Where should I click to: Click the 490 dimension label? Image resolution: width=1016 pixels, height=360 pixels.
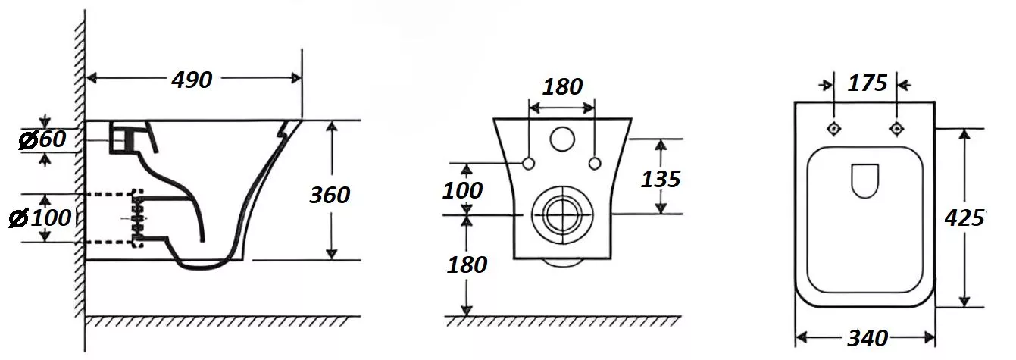click(x=192, y=80)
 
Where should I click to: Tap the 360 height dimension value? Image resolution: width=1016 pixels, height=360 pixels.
click(x=330, y=196)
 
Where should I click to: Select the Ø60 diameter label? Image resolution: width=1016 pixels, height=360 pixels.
click(x=42, y=139)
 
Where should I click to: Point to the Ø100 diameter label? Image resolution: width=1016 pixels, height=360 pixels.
click(x=40, y=218)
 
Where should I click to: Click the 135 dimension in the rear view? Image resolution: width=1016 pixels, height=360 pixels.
click(x=661, y=179)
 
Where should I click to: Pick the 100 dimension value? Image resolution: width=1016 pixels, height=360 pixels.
click(x=462, y=191)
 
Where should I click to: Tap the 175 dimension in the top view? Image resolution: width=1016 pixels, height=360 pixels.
click(x=868, y=83)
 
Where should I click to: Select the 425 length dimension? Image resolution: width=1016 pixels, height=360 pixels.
click(x=964, y=218)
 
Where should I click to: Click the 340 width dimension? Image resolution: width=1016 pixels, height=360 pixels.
click(x=868, y=338)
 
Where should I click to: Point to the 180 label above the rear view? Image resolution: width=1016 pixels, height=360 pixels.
click(x=562, y=86)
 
